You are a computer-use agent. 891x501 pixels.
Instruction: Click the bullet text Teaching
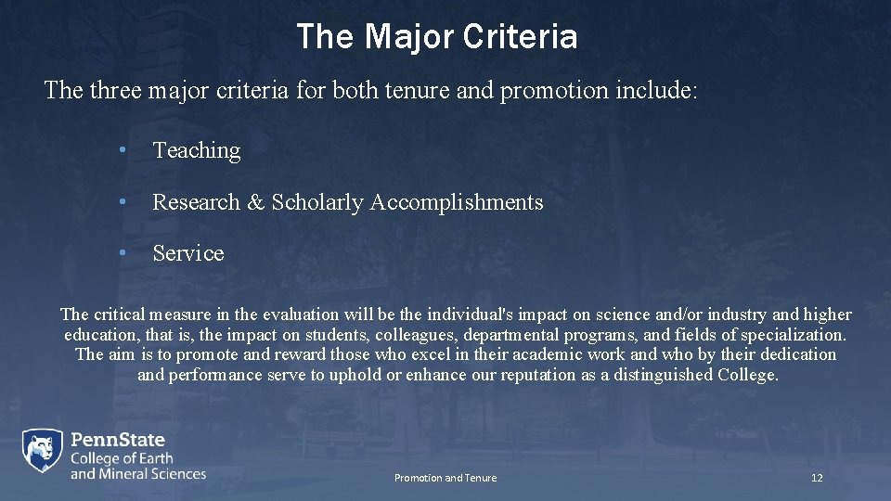(x=196, y=150)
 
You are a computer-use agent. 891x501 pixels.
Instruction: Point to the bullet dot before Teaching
(x=122, y=150)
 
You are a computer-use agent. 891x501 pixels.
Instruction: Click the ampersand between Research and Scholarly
(x=255, y=202)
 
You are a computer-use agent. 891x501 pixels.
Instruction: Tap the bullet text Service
(x=188, y=253)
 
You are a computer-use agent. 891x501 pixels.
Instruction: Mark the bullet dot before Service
(x=122, y=253)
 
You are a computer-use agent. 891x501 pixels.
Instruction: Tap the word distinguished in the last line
(x=659, y=375)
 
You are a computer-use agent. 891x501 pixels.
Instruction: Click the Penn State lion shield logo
(x=43, y=452)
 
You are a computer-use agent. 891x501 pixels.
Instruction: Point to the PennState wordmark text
(x=118, y=440)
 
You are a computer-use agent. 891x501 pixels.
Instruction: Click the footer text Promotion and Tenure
(x=445, y=478)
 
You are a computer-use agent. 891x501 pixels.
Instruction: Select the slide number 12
(x=817, y=478)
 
